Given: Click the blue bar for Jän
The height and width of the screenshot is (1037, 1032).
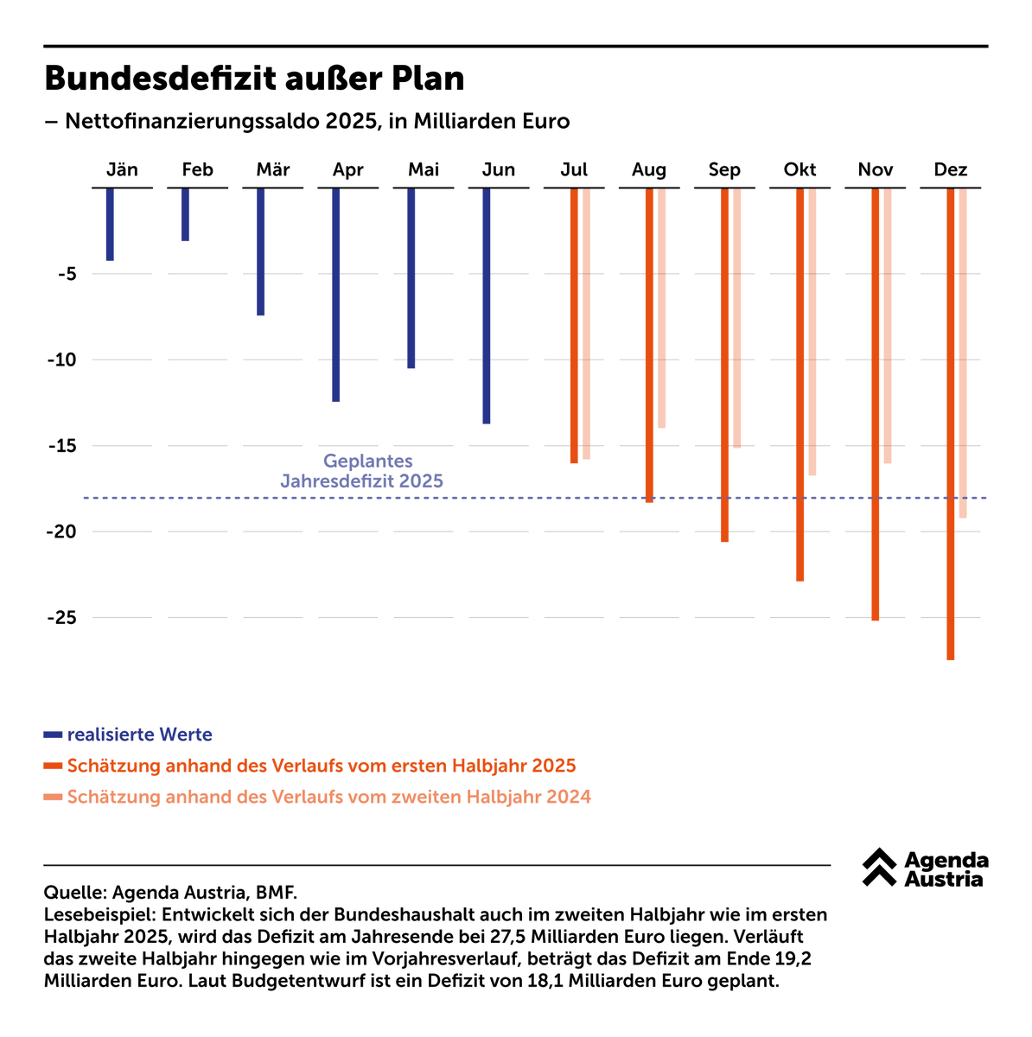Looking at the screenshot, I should point(110,224).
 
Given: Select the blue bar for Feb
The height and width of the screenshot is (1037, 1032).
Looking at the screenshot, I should point(185,214).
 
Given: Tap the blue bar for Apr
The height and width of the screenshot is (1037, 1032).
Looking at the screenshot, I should point(335,295).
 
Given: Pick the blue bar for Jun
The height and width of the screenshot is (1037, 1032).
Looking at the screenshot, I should point(487,306).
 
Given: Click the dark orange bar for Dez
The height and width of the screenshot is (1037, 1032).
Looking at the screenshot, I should point(950,423).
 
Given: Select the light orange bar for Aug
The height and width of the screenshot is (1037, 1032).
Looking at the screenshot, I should point(662,308).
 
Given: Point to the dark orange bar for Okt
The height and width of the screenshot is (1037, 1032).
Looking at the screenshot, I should point(799,385).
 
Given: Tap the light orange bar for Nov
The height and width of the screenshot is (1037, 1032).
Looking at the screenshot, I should point(888,326).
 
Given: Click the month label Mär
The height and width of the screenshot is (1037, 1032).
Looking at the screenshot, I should point(273,170).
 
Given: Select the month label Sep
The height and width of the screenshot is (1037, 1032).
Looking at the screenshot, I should point(724,170).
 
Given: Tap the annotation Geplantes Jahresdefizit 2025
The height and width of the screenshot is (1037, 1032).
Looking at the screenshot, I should point(363,472).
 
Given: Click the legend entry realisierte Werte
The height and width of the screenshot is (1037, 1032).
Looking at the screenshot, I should point(139,735).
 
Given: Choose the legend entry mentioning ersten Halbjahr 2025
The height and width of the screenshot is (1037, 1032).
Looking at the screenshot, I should point(321,766).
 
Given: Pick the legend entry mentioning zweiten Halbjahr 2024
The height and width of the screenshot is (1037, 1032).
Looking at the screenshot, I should point(328,797).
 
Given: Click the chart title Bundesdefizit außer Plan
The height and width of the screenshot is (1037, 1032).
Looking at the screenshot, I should point(254,79).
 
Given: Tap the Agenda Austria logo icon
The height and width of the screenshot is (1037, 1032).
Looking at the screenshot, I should point(880,867).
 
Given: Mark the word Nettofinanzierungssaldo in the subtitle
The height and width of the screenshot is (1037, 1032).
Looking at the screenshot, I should point(192,121).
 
